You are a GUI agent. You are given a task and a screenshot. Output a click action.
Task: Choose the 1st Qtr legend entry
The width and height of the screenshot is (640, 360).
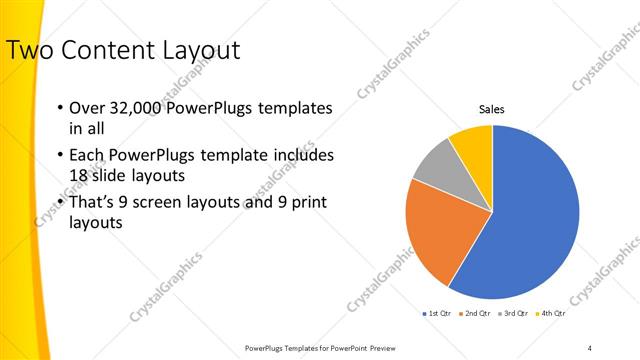437,313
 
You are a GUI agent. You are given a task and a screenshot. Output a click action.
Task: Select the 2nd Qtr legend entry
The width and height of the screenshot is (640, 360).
475,313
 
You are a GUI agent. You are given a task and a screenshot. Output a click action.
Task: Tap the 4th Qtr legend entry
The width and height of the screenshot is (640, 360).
550,313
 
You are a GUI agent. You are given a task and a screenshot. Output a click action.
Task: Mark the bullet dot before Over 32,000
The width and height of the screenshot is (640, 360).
59,108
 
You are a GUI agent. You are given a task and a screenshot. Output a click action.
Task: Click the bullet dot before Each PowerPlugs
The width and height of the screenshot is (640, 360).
59,156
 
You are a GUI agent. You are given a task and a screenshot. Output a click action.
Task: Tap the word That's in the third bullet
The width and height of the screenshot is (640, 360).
93,202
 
